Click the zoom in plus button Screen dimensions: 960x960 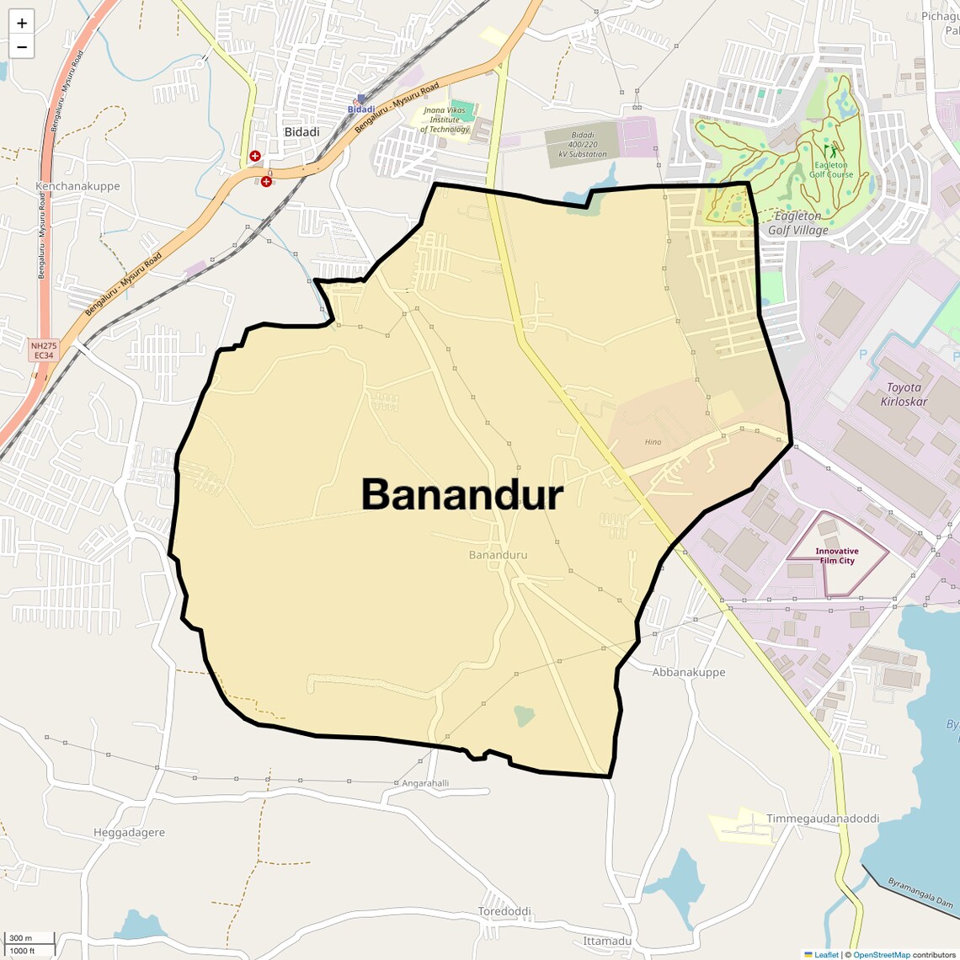[22, 23]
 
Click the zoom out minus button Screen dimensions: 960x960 [22, 47]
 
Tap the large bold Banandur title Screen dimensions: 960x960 [462, 494]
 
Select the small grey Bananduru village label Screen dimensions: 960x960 [498, 555]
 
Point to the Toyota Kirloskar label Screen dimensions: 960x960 [904, 394]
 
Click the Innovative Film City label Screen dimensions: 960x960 [836, 556]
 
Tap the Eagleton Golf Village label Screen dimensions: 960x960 [797, 223]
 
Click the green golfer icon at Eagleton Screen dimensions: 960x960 [834, 152]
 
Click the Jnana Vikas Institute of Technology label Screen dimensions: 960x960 [445, 120]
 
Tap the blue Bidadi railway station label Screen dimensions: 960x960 [361, 109]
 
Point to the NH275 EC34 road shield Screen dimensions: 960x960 [44, 350]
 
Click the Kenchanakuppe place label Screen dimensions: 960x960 [77, 186]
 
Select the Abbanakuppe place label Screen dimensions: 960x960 [688, 672]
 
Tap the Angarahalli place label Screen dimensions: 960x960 [425, 783]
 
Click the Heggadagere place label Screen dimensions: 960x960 [129, 833]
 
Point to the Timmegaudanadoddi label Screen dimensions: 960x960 [822, 819]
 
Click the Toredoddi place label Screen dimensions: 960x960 [504, 911]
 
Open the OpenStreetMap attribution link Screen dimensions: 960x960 [881, 955]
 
